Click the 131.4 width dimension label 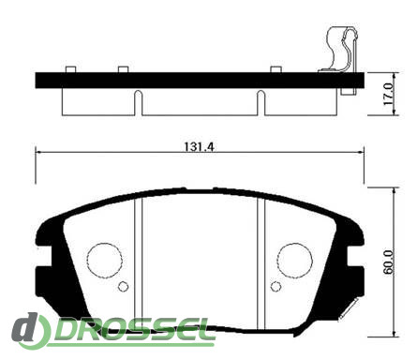(199, 146)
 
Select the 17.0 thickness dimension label (389, 94)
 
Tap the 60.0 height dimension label (389, 262)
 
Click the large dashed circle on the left (104, 260)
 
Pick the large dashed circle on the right (295, 260)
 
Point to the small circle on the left (124, 286)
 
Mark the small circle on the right (276, 286)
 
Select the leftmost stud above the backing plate (71, 69)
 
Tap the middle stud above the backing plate (123, 69)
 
